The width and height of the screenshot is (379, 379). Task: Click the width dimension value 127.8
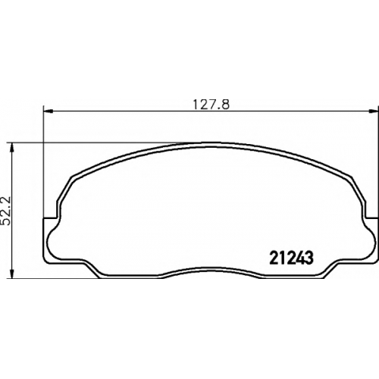click(211, 105)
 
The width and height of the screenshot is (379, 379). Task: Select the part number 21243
click(292, 258)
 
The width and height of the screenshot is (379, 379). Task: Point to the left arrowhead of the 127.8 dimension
click(48, 111)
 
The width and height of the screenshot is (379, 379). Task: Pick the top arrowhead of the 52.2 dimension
click(11, 148)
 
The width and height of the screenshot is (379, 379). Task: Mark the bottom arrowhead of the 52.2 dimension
click(11, 274)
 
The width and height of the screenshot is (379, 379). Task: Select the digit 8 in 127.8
click(225, 105)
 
